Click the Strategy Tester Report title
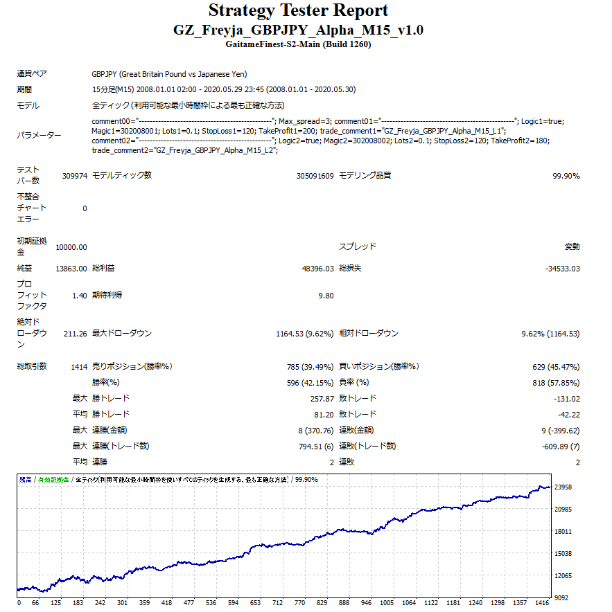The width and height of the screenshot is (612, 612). (298, 11)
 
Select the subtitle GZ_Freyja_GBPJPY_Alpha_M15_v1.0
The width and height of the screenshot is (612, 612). (298, 30)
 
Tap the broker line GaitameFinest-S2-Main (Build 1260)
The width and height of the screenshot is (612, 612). (298, 44)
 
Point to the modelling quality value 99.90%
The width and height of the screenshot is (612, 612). (566, 176)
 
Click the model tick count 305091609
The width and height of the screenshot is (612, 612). (315, 176)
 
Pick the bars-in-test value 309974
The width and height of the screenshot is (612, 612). (74, 176)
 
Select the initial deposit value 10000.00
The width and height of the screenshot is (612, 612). (71, 247)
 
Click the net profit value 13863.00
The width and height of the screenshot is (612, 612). (71, 268)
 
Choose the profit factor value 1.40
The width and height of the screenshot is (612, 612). (79, 296)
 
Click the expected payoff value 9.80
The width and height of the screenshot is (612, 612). (326, 296)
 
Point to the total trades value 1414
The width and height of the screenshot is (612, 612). (79, 366)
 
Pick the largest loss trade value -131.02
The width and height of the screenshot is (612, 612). (568, 398)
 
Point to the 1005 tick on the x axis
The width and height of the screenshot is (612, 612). (387, 602)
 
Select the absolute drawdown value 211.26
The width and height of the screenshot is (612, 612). (74, 334)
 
